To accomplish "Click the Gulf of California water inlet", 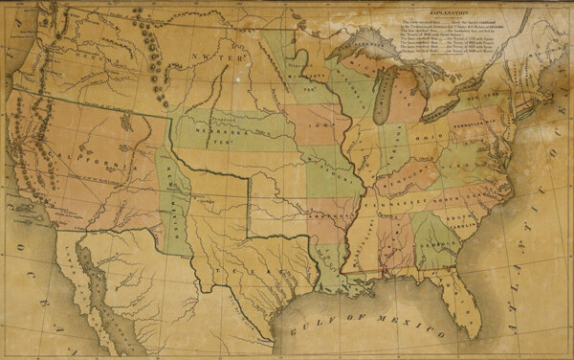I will [96, 287].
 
